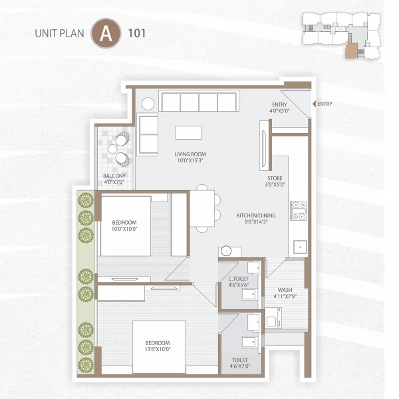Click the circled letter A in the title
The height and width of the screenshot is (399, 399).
coord(103,33)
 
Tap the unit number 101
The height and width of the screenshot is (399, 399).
coord(138,33)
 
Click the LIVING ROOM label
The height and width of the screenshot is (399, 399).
coord(190,154)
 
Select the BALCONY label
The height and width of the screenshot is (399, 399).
coord(114,176)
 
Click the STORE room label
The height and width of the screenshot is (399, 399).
coord(275,178)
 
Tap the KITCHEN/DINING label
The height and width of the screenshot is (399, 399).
coord(256,216)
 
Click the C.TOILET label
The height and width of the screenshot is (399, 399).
coord(239,279)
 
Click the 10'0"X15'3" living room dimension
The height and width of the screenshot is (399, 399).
coord(190,160)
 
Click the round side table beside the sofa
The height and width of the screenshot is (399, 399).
coord(148,103)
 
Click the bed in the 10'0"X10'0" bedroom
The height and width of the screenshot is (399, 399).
coord(126,225)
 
